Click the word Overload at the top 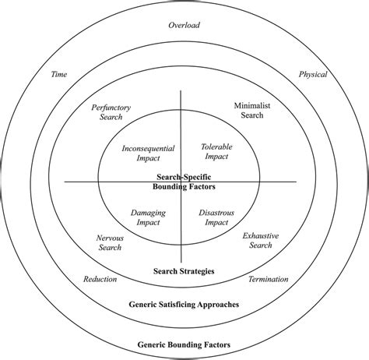pos(184,25)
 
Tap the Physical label pos(313,75)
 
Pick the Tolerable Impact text pos(217,151)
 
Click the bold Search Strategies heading pos(184,272)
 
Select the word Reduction pos(100,279)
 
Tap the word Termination pos(268,279)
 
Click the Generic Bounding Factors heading pos(184,344)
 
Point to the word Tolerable pos(217,146)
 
